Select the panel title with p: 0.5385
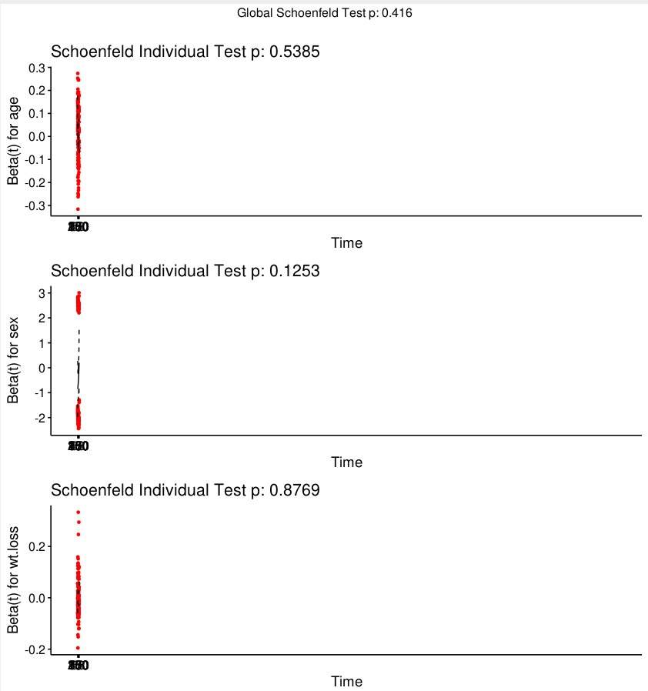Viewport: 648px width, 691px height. point(185,52)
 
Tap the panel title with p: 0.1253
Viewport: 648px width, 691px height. point(185,271)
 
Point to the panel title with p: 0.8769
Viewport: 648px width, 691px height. point(185,490)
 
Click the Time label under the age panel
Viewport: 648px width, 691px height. point(346,243)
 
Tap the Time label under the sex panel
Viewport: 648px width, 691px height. point(346,462)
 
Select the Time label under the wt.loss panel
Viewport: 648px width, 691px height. point(346,682)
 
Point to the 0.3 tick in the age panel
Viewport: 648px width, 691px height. point(37,68)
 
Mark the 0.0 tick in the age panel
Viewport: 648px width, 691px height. point(37,136)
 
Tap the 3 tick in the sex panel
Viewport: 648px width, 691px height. point(42,293)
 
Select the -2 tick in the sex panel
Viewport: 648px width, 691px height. point(40,417)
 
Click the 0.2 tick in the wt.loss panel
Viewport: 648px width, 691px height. point(37,546)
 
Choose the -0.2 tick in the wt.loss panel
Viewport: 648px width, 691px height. point(35,649)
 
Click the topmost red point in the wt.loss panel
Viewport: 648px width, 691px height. point(78,512)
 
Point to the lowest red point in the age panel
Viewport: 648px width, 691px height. point(78,209)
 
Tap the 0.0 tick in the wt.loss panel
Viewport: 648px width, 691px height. point(37,598)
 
